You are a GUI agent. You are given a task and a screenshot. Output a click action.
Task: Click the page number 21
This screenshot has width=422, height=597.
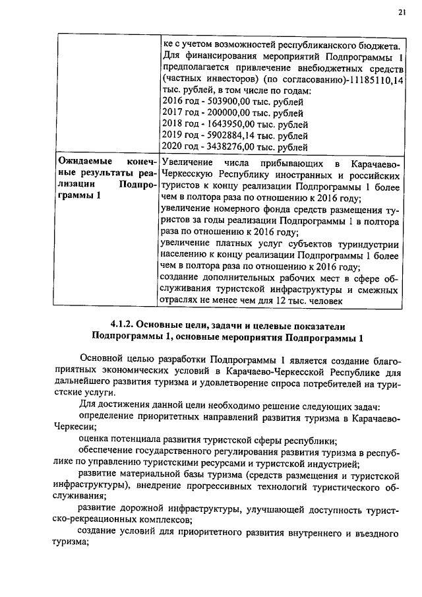coord(402,13)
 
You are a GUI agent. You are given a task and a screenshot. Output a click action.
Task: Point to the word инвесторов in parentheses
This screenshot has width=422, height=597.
coord(222,80)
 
